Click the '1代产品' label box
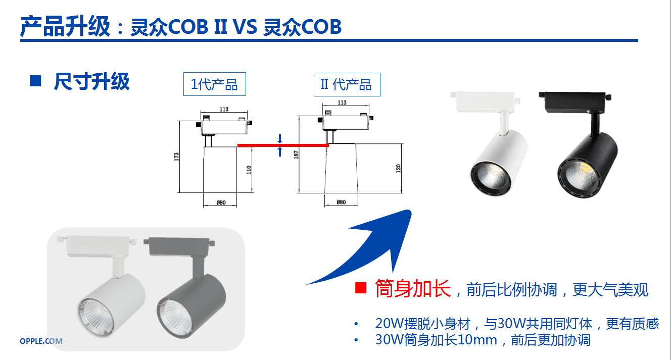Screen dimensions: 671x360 click(x=214, y=84)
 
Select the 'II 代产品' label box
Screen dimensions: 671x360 click(x=347, y=84)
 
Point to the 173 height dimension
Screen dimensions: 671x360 click(x=176, y=157)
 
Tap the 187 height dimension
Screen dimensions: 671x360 click(x=296, y=155)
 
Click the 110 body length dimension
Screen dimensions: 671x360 click(x=249, y=170)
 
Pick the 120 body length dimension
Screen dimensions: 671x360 click(x=398, y=169)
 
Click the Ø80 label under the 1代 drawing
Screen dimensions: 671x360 click(x=221, y=202)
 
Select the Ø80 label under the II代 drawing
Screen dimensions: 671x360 click(x=341, y=202)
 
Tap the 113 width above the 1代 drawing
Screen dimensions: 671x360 click(x=224, y=109)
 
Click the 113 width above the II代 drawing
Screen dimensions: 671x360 click(x=342, y=102)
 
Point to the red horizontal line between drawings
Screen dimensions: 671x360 click(x=283, y=145)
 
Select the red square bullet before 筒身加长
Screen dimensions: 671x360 click(x=361, y=288)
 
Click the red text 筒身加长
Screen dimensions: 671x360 click(x=413, y=288)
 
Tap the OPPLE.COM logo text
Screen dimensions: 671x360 click(x=41, y=341)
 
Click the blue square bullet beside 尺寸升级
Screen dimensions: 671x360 click(x=35, y=81)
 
